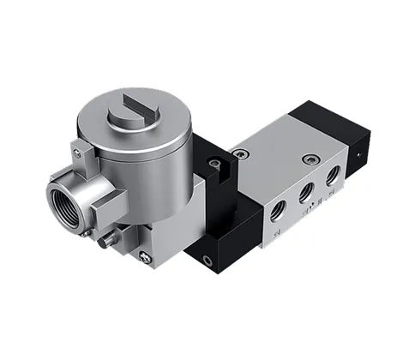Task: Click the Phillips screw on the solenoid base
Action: [145, 255]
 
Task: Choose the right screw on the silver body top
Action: [308, 158]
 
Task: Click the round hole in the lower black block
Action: [206, 256]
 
